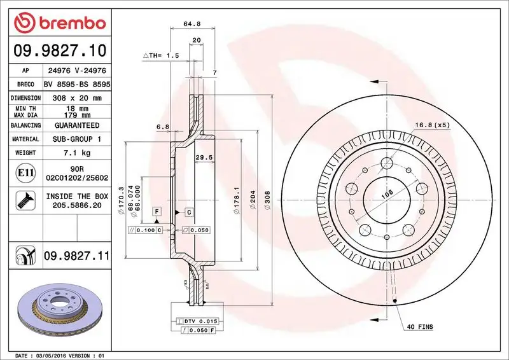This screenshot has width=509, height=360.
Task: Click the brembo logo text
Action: pyautogui.click(x=70, y=23)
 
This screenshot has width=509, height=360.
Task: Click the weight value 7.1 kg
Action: pyautogui.click(x=77, y=153)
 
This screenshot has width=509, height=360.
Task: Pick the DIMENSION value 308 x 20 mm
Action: pyautogui.click(x=77, y=98)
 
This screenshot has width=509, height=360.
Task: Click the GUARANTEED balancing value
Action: pyautogui.click(x=77, y=125)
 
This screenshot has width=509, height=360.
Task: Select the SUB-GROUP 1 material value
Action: pyautogui.click(x=77, y=139)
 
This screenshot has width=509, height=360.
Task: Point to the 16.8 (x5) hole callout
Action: pyautogui.click(x=433, y=125)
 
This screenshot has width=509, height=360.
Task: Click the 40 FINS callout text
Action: pyautogui.click(x=420, y=326)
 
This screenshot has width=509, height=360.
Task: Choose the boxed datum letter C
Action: pyautogui.click(x=188, y=211)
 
